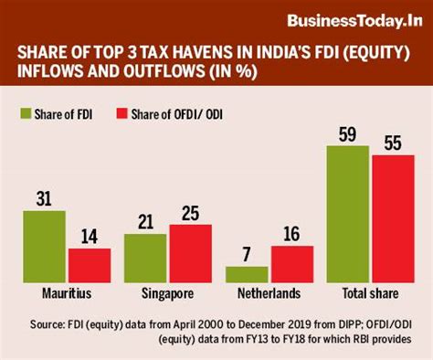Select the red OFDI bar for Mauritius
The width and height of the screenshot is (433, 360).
click(x=90, y=265)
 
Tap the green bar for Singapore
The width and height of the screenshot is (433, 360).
click(x=146, y=259)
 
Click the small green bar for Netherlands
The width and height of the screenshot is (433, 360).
click(x=247, y=274)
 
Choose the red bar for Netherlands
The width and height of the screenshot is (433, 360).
click(x=291, y=264)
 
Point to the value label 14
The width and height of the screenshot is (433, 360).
click(x=90, y=236)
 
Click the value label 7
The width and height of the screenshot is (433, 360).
click(x=248, y=254)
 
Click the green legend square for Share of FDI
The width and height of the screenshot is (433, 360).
click(x=27, y=112)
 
